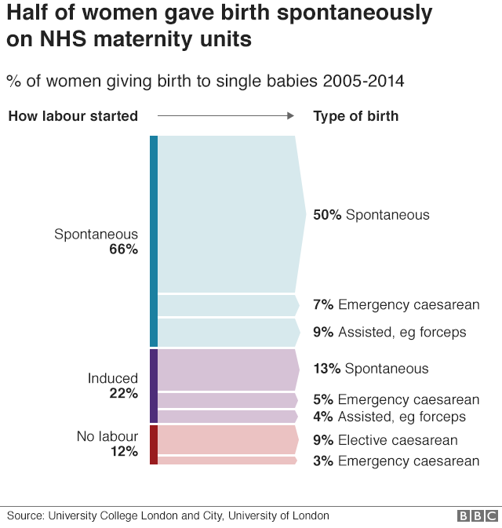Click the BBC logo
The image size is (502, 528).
478,516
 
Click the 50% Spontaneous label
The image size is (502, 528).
371,215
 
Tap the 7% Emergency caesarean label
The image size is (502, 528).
395,304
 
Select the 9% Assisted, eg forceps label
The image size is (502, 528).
389,333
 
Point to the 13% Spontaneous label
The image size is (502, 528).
370,369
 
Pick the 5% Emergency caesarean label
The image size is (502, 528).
395,400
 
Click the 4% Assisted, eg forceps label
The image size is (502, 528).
389,417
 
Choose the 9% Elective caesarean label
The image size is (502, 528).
384,440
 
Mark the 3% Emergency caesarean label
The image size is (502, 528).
395,461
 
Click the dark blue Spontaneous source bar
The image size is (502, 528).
154,241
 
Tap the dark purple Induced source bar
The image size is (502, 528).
154,386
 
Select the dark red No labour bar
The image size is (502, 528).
154,444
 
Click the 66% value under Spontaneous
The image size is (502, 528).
123,249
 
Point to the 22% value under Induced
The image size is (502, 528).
123,394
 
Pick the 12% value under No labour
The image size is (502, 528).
123,452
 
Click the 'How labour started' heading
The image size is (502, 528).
73,116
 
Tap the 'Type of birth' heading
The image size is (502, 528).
355,116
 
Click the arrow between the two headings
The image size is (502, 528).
225,116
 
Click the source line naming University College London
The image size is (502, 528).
168,515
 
